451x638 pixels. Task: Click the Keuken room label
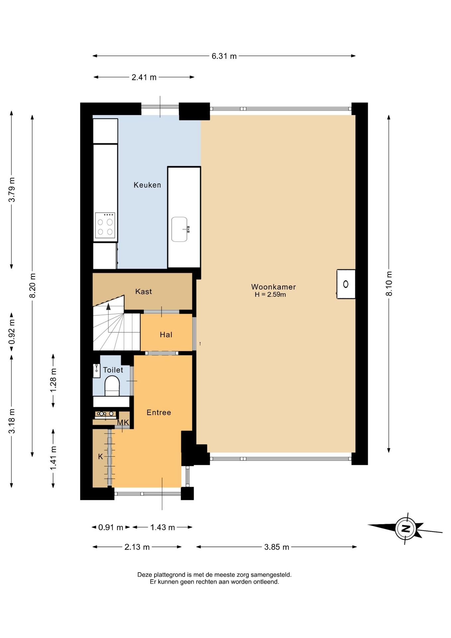coord(147,185)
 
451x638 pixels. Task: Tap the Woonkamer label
coord(273,287)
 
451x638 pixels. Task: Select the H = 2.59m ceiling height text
coord(270,294)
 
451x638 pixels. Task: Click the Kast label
coord(143,291)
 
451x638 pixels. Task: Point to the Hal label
coord(166,335)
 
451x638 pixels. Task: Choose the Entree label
coord(159,412)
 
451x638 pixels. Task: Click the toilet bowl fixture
coord(112,386)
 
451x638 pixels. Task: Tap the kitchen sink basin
coord(180,229)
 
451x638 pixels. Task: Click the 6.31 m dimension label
coord(224,56)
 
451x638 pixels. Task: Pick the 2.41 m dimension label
coord(144,77)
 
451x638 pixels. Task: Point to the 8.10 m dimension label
coord(389,283)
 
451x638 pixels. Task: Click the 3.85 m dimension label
coord(277,547)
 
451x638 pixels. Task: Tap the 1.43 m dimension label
coord(162,527)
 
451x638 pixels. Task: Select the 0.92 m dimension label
coord(12,332)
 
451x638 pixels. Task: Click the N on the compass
coord(406,528)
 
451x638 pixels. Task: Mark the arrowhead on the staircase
coord(108,307)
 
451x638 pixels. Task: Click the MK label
coord(123,423)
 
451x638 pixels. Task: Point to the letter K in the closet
coord(101,457)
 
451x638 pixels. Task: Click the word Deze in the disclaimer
coord(144,575)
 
